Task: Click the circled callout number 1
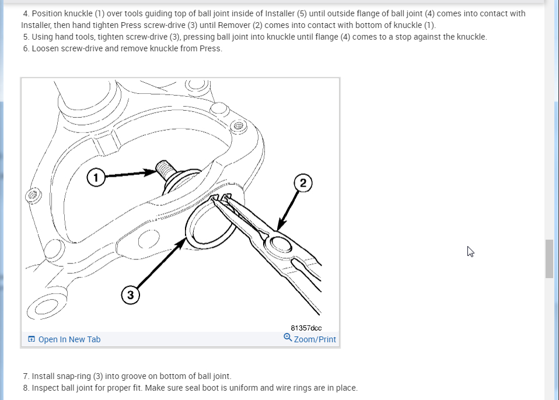[96, 177]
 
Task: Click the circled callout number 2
[302, 183]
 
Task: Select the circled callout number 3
[130, 296]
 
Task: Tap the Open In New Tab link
[69, 339]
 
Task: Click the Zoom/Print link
[315, 339]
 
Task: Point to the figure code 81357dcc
[306, 328]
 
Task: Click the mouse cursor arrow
[470, 251]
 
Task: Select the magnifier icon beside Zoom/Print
[288, 338]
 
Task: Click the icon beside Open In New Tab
[32, 339]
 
